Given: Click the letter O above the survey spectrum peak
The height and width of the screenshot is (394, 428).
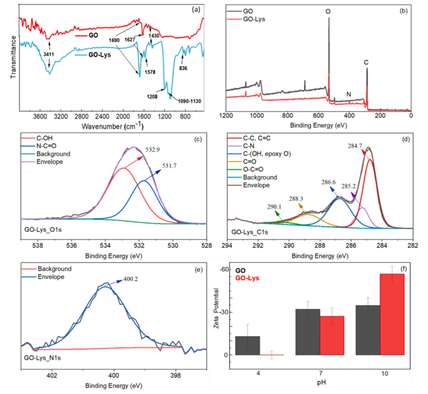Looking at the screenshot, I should click(x=329, y=11).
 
